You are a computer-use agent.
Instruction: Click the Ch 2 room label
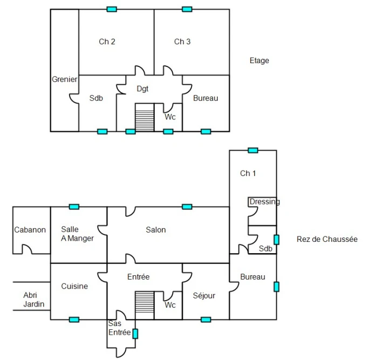(x=107, y=42)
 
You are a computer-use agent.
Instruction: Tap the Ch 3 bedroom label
(x=182, y=42)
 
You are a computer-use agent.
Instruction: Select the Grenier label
(x=65, y=79)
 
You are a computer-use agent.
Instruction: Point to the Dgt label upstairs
(x=142, y=89)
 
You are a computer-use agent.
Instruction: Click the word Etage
(x=260, y=60)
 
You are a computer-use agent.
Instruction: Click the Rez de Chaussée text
(x=327, y=239)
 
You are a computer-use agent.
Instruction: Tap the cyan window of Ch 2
(x=112, y=9)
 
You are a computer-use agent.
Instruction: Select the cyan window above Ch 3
(x=187, y=9)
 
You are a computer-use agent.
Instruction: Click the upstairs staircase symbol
(x=145, y=117)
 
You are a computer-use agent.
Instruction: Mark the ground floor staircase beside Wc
(x=145, y=305)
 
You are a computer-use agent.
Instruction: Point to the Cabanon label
(x=30, y=230)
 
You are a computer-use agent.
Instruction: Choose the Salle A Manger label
(x=77, y=234)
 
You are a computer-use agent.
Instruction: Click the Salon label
(x=156, y=230)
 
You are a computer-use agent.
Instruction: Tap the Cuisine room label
(x=74, y=286)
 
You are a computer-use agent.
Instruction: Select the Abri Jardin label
(x=34, y=300)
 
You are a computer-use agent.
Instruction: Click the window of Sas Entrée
(x=135, y=334)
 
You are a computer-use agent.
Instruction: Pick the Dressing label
(x=265, y=202)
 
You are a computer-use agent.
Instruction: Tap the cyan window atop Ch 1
(x=253, y=151)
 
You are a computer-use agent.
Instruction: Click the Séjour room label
(x=204, y=296)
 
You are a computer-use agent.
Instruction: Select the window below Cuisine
(x=74, y=320)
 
